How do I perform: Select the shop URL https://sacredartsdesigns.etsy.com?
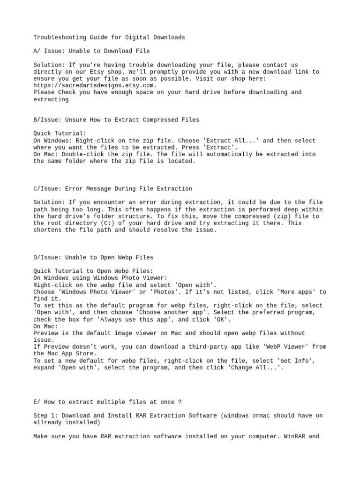point(93,85)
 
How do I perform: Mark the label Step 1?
point(45,415)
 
